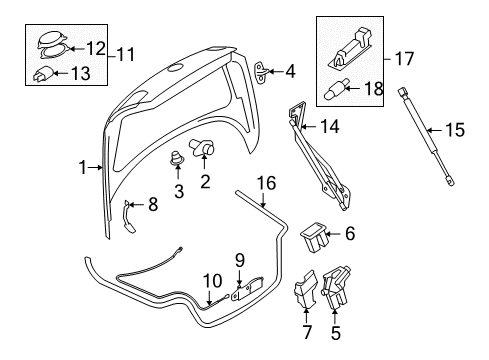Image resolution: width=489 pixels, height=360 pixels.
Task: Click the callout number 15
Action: (455, 130)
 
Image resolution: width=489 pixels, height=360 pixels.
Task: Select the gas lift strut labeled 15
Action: (425, 136)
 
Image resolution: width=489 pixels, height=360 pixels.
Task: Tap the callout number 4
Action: (290, 71)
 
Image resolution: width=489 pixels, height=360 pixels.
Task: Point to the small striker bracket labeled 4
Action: (262, 72)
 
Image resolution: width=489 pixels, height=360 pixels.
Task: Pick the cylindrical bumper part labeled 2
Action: (202, 148)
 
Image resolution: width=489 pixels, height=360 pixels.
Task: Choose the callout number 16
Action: (267, 183)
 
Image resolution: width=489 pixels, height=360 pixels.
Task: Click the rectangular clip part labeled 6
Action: (314, 238)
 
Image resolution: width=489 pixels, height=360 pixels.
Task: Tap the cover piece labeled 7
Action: (305, 289)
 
